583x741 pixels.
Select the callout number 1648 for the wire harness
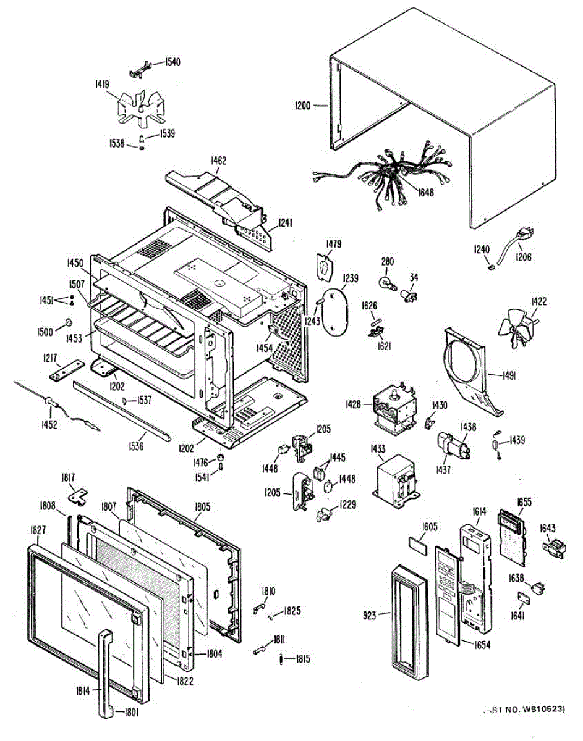pos(425,192)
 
